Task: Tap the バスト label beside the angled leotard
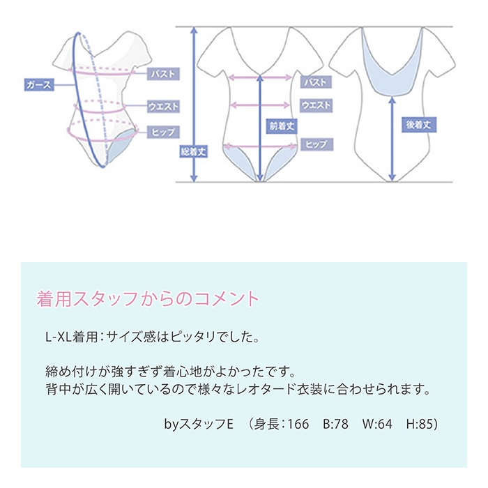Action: (x=165, y=73)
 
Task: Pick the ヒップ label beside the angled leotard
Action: (x=165, y=131)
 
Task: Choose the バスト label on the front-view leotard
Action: (x=315, y=82)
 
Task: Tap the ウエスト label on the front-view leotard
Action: (x=315, y=105)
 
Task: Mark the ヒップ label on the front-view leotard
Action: (x=315, y=144)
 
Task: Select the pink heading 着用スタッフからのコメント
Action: (x=147, y=300)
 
